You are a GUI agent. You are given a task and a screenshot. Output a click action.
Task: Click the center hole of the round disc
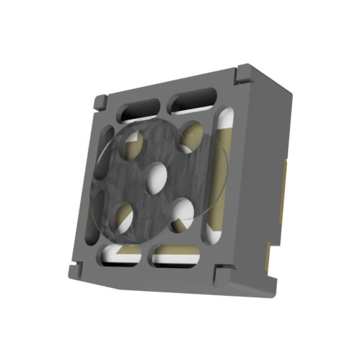157,178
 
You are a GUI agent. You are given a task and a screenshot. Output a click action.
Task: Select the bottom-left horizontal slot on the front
121,255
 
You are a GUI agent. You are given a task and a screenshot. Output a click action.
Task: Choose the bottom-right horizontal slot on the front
175,256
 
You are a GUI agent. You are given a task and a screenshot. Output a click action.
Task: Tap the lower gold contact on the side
268,256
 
